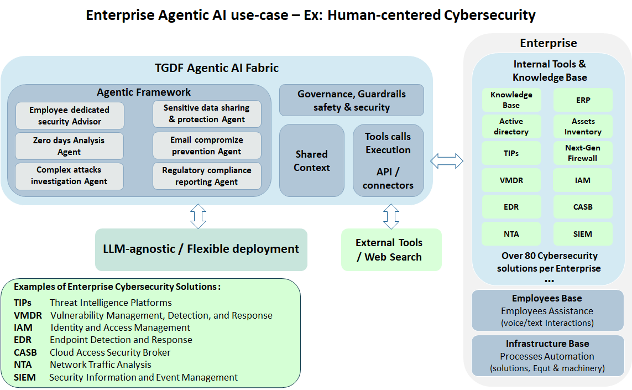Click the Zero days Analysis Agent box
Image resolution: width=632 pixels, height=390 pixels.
coord(69,146)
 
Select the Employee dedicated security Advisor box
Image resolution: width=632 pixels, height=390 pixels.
coord(69,116)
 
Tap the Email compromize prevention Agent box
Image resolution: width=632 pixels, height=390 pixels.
coord(207,145)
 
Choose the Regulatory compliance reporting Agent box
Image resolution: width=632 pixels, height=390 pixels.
coord(207,176)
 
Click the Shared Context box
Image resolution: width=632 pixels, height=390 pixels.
coord(312,160)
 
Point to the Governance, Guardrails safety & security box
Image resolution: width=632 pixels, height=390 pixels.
coord(352,100)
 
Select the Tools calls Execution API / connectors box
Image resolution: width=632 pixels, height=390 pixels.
coord(388,160)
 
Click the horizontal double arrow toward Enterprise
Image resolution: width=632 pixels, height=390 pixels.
coord(446,161)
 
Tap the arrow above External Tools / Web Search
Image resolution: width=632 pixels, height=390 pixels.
coord(391,216)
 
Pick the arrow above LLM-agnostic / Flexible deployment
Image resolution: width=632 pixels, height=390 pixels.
coord(198,216)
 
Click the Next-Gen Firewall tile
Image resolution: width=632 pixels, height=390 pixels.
coord(583,153)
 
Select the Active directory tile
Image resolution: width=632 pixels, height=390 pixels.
coord(511,127)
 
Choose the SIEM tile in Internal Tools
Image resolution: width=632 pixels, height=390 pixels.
coord(583,234)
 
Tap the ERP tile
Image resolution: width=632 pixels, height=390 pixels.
coord(583,100)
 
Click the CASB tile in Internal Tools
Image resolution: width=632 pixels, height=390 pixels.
coord(583,207)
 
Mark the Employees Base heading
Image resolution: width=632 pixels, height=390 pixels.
coord(547,299)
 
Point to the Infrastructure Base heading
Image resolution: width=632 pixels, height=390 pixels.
coord(547,344)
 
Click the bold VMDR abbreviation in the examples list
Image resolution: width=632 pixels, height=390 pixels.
coord(27,315)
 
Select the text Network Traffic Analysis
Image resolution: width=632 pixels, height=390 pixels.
coord(100,365)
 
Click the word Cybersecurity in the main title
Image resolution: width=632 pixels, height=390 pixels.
coord(489,15)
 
